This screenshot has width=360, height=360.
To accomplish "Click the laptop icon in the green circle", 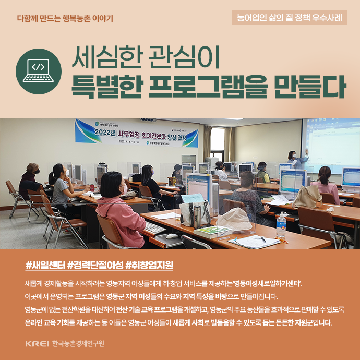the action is pos(38,70).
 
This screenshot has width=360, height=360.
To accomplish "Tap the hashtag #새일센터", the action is pos(45,266).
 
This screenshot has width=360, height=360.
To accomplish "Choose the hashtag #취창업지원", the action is pos(149,266).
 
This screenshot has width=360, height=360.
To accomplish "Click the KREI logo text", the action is pos(37,344).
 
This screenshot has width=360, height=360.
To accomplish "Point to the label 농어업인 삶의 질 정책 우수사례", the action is pos(290,18).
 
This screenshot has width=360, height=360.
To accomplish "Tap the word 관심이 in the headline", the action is pos(184,57).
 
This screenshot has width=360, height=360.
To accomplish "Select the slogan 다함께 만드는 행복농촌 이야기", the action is pos(65,18).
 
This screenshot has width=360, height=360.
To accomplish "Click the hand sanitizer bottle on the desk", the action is pos(281,226).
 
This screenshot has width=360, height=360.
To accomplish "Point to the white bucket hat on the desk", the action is pos(234,219).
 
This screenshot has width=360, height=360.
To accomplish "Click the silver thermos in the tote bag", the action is pos(197,217).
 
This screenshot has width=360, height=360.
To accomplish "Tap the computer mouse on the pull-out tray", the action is pos(172,236).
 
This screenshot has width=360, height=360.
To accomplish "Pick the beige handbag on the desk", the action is pos(307,197).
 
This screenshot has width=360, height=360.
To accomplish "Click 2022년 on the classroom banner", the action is pos(105,133).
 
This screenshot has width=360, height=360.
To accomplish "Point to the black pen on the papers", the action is pos(263,239).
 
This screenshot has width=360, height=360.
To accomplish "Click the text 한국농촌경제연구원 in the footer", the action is pos(78,344).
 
